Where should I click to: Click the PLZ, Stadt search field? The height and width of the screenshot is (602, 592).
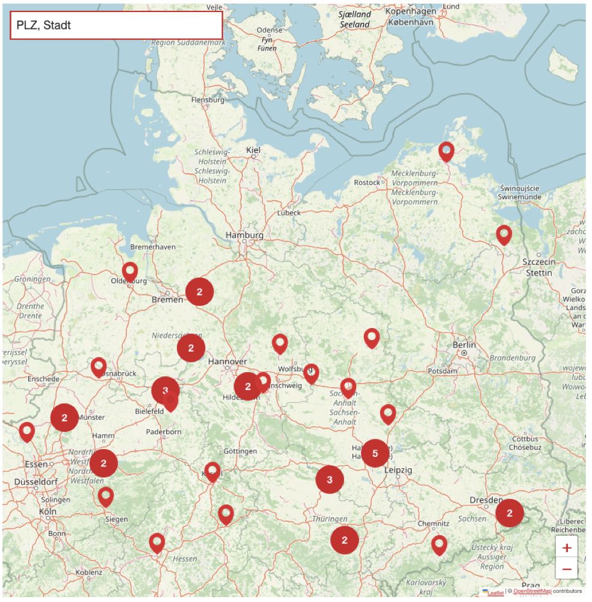click(x=116, y=25)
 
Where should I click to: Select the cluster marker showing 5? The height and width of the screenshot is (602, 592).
click(x=375, y=453)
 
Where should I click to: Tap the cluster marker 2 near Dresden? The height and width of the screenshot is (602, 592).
click(x=510, y=514)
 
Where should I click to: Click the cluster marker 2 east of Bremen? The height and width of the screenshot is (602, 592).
click(x=200, y=292)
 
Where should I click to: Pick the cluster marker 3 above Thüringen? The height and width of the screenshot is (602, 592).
click(x=330, y=480)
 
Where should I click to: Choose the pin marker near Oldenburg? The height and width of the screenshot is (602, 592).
click(x=130, y=272)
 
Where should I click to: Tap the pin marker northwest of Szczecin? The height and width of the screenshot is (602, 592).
click(x=504, y=234)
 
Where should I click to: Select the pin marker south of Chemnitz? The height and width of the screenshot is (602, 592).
click(x=439, y=544)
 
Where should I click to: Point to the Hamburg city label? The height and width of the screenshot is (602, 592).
click(x=244, y=235)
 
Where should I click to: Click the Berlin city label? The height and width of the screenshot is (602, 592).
click(x=464, y=345)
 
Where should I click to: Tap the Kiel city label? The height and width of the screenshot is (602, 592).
click(x=253, y=150)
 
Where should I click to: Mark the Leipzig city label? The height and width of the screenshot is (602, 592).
click(x=398, y=470)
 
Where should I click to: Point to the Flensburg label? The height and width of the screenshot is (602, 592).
click(x=208, y=100)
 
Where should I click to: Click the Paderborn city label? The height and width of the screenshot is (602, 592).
click(x=164, y=432)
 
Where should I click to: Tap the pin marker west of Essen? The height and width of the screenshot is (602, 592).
click(x=26, y=431)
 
